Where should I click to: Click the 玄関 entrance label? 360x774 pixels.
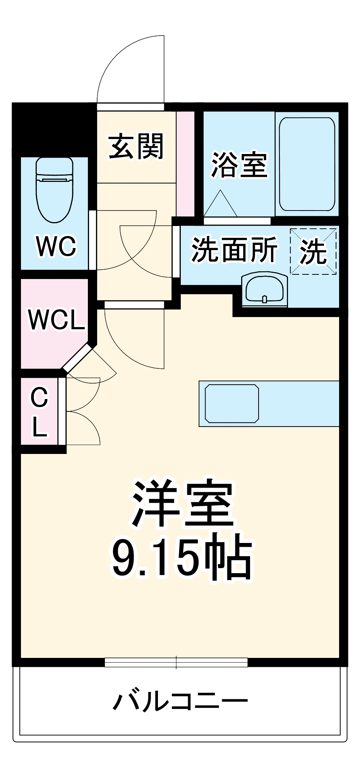point(136,146)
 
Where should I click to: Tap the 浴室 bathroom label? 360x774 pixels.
point(239,165)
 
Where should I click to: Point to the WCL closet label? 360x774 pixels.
point(57,320)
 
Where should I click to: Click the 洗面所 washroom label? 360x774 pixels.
point(234,250)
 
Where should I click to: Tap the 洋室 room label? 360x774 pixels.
point(182,503)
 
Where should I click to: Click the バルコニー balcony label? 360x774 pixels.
point(180,700)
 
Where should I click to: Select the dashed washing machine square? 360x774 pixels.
point(313,252)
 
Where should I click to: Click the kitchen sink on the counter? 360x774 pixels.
point(232,403)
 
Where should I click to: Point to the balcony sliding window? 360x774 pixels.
point(176,662)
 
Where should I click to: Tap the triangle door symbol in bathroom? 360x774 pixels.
point(220,204)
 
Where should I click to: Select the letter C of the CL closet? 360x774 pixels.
point(39,397)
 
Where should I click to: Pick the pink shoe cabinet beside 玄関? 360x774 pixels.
point(185,164)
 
